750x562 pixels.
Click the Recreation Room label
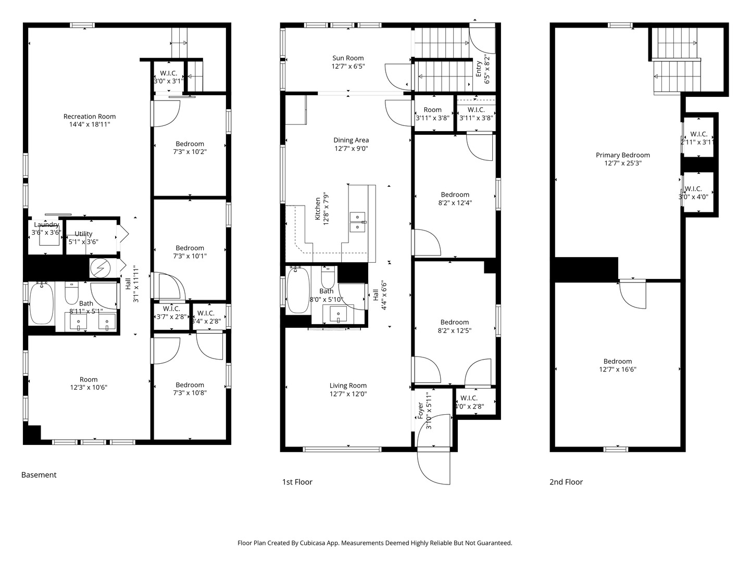point(90,117)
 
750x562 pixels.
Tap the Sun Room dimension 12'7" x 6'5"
point(348,67)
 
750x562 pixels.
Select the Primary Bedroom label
point(622,155)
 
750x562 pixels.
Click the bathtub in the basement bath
point(41,303)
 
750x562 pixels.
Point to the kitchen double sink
point(358,222)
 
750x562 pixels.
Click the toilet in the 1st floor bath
point(328,276)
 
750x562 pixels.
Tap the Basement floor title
point(39,475)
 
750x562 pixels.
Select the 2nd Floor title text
point(566,482)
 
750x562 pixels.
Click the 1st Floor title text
point(297,482)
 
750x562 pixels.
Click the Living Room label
point(348,386)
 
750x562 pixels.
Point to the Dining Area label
point(351,140)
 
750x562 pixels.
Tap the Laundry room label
point(46,225)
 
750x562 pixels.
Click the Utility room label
point(83,234)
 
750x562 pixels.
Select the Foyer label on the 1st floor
point(420,411)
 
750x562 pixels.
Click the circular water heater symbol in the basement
point(99,268)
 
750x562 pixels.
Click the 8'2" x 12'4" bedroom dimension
point(455,203)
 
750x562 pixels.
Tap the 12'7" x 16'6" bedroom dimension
point(618,369)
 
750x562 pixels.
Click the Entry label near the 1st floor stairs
point(479,69)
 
